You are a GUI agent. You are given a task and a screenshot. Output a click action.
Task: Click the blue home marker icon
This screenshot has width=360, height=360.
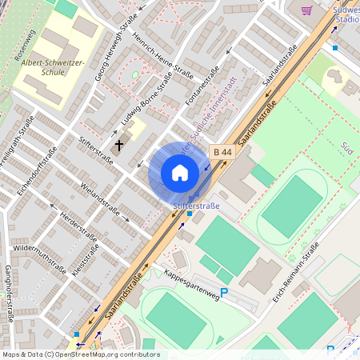pyautogui.click(x=179, y=173)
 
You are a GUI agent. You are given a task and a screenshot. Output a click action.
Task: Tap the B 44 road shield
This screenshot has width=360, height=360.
pyautogui.click(x=222, y=151)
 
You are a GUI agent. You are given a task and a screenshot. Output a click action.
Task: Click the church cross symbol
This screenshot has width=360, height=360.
pyautogui.click(x=120, y=145)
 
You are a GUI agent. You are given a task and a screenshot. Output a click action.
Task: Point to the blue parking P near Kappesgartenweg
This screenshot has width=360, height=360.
pyautogui.click(x=224, y=293)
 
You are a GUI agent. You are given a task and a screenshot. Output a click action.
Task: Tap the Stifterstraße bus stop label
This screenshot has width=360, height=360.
pyautogui.click(x=195, y=206)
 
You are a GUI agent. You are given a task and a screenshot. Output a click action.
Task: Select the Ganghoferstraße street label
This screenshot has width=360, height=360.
pyautogui.click(x=9, y=293)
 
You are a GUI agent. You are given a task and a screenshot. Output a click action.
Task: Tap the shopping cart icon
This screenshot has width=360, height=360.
pyautogui.click(x=306, y=10)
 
